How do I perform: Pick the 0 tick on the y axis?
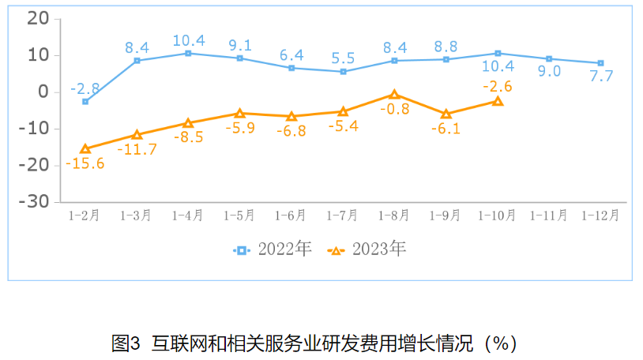click(44, 92)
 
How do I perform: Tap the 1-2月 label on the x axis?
click(85, 215)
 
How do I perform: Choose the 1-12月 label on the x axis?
click(600, 215)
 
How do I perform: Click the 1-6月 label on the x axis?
click(291, 215)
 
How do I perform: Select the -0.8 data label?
click(395, 109)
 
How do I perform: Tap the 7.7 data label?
click(600, 77)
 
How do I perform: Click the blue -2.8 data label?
click(85, 88)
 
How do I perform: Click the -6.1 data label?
click(446, 129)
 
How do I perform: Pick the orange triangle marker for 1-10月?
click(498, 101)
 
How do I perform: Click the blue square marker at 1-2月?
click(85, 102)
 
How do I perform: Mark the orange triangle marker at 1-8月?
click(395, 95)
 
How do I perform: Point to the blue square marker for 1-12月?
click(600, 63)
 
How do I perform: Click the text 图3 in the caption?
click(126, 343)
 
